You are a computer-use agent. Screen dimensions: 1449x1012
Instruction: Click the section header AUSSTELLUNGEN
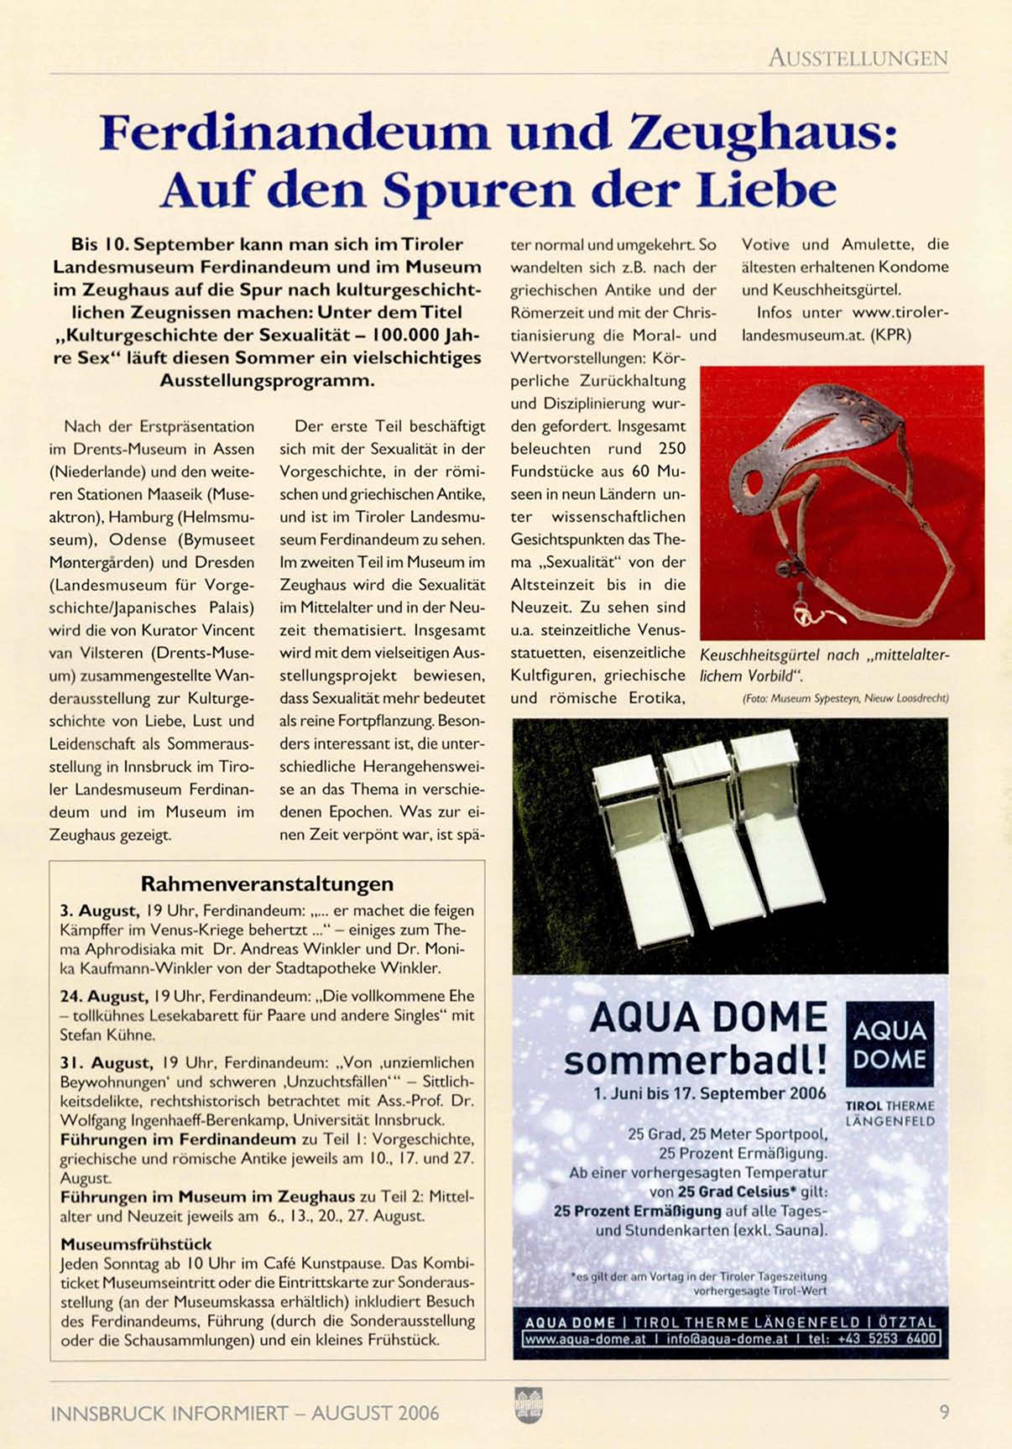tap(858, 58)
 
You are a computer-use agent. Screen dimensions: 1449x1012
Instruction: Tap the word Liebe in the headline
tap(766, 190)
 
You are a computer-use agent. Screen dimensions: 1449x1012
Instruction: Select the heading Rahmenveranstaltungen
tap(267, 883)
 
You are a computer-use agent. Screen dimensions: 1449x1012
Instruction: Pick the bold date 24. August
tap(103, 996)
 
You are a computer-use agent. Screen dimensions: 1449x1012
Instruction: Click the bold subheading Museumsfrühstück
tap(136, 1243)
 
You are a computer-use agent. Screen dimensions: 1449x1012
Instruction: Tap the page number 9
tap(944, 1412)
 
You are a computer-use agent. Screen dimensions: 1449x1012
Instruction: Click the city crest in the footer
tap(529, 1405)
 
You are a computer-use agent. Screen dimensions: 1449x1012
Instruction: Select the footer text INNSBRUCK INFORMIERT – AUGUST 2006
tap(244, 1413)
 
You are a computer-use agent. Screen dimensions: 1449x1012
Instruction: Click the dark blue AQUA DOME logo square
tap(889, 1044)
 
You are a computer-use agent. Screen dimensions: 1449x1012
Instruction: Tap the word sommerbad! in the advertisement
tap(696, 1061)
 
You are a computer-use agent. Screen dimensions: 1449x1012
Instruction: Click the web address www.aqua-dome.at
tap(585, 1339)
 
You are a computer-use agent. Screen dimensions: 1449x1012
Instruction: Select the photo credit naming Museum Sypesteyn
tap(845, 698)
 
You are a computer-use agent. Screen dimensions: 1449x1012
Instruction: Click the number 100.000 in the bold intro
tap(407, 335)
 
